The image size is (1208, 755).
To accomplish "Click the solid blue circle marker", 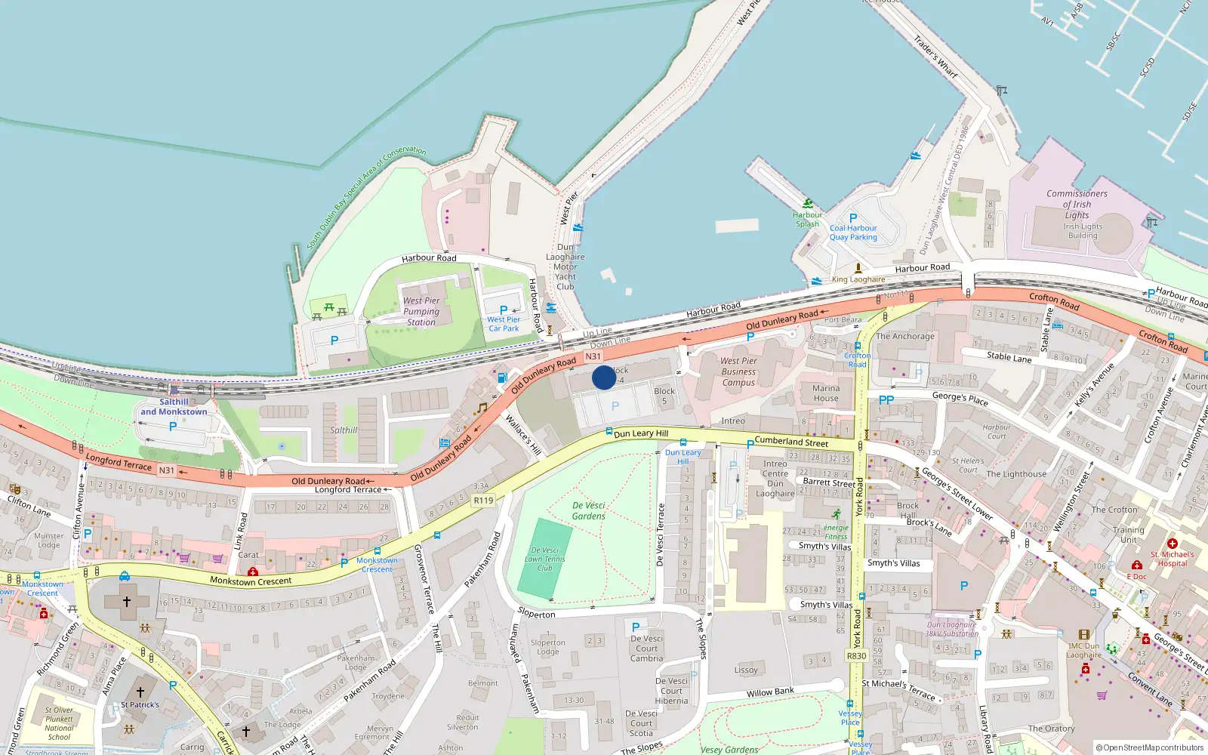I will (604, 377).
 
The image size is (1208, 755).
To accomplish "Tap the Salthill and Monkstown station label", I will (174, 407).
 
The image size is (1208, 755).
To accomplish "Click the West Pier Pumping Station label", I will (421, 311).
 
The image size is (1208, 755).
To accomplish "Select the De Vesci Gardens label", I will (589, 511).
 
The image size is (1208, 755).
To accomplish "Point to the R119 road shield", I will (483, 501).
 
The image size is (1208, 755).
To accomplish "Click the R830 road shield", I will (856, 656).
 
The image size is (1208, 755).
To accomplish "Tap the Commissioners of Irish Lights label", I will (1077, 204).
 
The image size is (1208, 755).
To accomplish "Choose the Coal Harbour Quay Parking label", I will (853, 233).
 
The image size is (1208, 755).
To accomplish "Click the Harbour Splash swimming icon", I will (808, 203).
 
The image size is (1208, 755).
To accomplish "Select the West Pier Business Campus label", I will (738, 371).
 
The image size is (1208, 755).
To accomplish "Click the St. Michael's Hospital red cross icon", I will (1173, 544).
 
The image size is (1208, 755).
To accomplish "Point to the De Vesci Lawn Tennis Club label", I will (545, 559).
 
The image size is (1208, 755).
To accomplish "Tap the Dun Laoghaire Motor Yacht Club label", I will (565, 267).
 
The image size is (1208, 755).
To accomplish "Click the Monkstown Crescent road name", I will (251, 581).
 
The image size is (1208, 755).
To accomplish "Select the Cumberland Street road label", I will (791, 442).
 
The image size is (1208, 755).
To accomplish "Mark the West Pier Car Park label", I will (503, 324).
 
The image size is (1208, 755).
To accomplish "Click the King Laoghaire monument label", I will (858, 279).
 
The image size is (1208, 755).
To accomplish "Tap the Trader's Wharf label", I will (935, 57).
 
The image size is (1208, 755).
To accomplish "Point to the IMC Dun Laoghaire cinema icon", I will (1084, 635).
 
